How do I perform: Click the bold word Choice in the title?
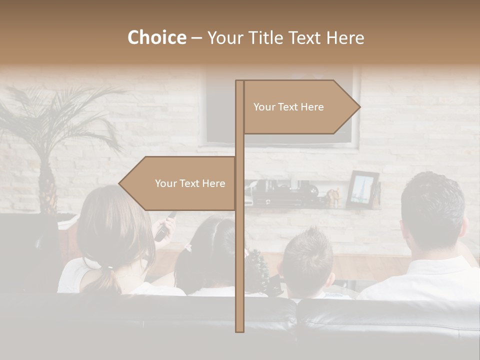pyautogui.click(x=156, y=37)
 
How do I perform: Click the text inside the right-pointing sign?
pyautogui.click(x=288, y=107)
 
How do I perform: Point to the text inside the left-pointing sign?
pyautogui.click(x=190, y=183)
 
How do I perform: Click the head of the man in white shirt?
pyautogui.click(x=432, y=210)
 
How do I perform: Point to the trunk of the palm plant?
pyautogui.click(x=47, y=185)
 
